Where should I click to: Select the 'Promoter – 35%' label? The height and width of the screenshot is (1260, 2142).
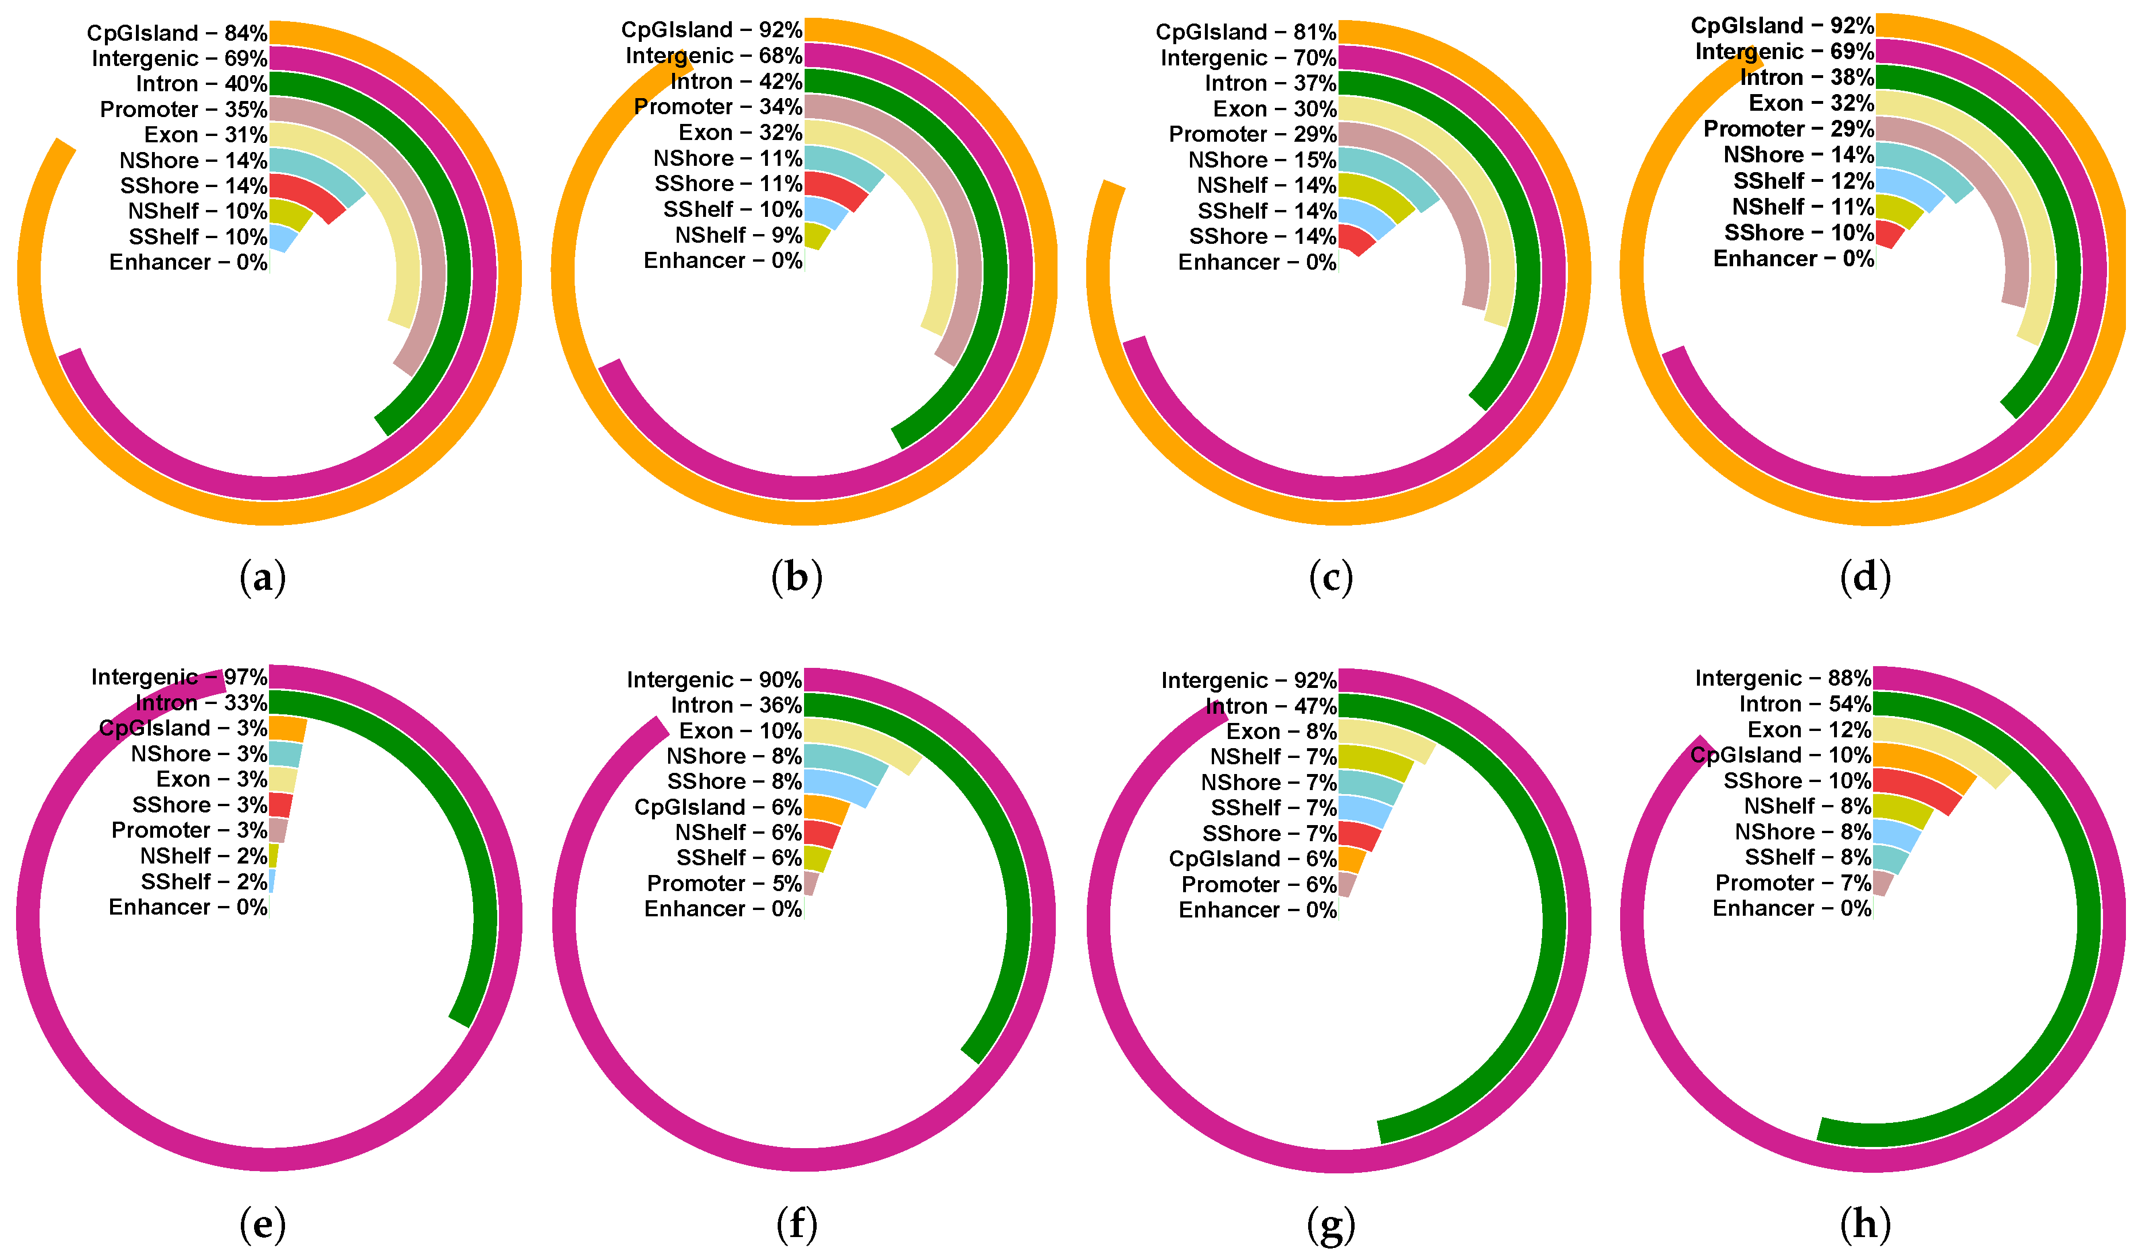[184, 110]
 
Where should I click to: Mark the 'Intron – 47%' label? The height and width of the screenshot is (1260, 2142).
[1271, 706]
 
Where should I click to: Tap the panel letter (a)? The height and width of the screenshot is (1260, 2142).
[263, 578]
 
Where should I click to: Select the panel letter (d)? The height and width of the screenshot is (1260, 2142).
[1865, 578]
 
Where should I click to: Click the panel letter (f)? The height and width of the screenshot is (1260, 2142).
[797, 1224]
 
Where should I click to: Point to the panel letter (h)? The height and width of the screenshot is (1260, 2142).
[1865, 1224]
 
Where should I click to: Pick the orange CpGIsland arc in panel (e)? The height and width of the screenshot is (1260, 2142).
[288, 729]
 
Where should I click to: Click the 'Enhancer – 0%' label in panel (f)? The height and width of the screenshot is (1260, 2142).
[723, 909]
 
